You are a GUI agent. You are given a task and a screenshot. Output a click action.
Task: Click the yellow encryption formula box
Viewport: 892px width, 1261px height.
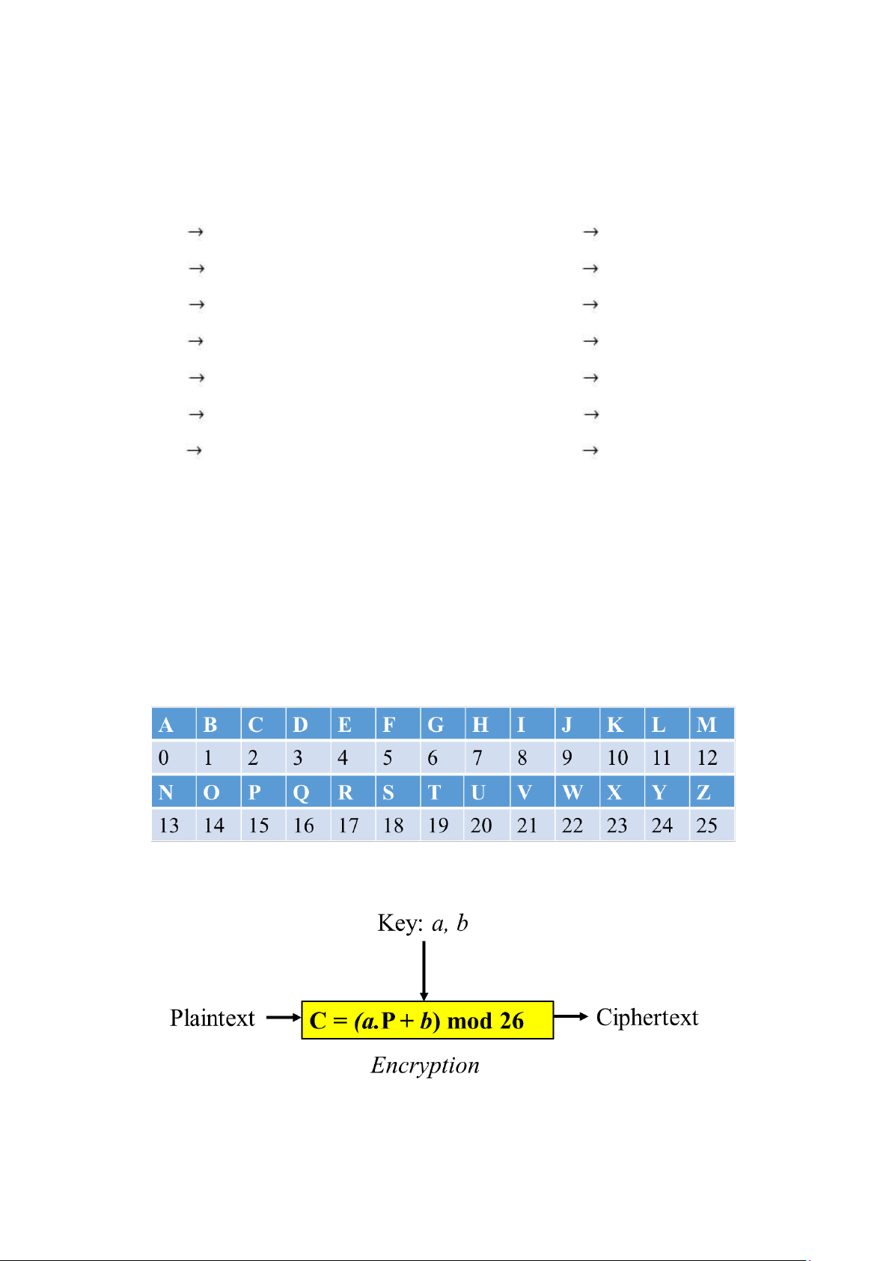point(427,1020)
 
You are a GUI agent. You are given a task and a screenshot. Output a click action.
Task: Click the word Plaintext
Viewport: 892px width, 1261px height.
point(213,1018)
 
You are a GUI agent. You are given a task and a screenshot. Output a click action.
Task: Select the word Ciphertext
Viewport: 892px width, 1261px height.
point(647,1018)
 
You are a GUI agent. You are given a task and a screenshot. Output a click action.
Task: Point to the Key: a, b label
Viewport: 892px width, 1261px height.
point(423,923)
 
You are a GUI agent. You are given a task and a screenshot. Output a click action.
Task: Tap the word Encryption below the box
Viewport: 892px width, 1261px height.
point(425,1065)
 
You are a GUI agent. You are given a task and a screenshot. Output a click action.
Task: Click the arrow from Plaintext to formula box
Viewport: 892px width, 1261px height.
point(284,1018)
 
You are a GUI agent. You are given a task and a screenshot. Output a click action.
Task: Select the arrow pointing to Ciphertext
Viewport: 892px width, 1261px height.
point(572,1016)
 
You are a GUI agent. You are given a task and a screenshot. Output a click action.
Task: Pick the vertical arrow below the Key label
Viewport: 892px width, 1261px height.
point(424,970)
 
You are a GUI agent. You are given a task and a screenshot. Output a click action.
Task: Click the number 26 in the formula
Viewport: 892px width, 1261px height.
point(512,1021)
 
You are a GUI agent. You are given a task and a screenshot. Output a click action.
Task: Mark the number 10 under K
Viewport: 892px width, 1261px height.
point(617,758)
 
